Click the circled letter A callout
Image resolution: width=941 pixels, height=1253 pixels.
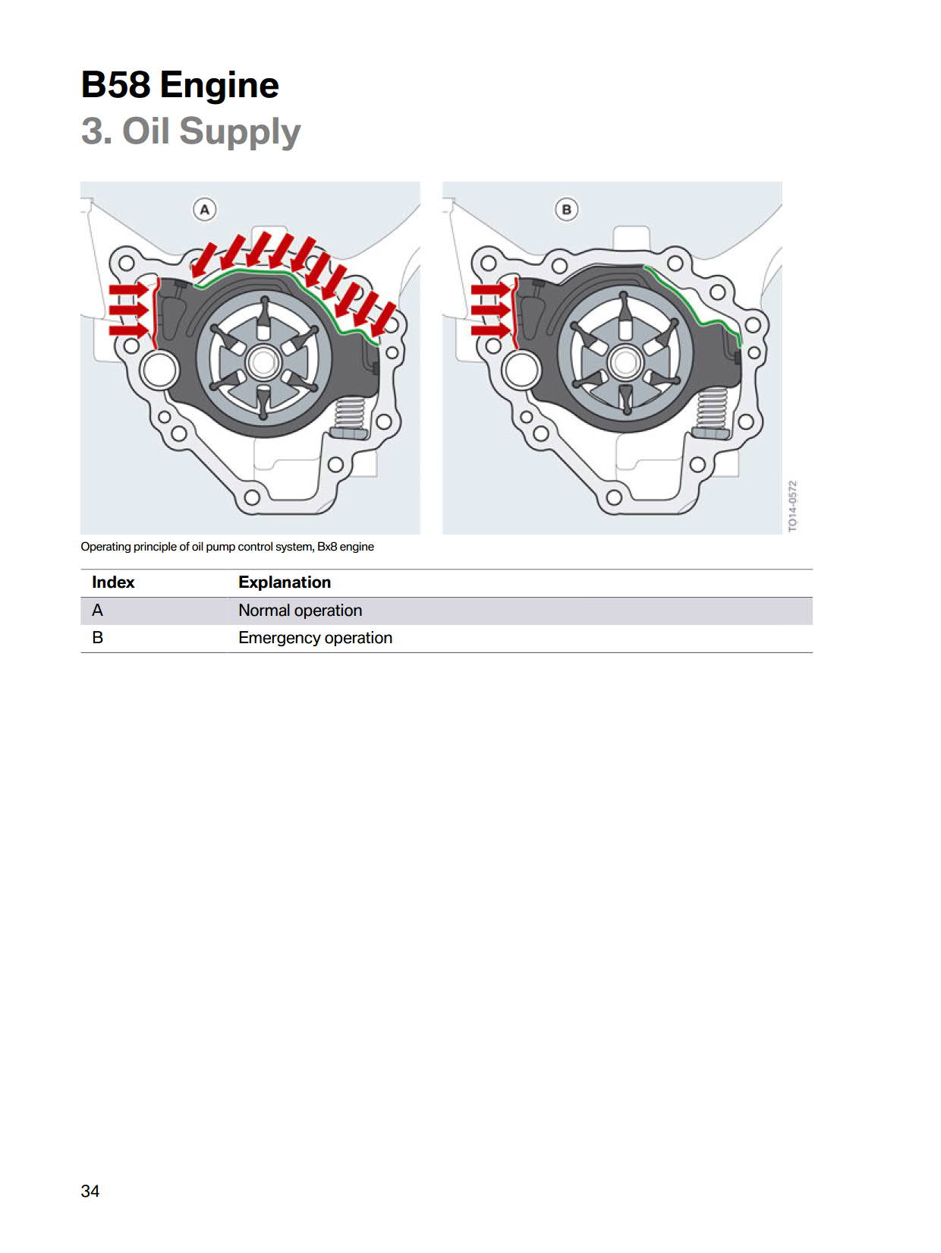tap(204, 210)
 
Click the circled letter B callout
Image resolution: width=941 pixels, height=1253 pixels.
tap(566, 210)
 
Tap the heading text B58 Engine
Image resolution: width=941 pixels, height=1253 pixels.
tap(180, 85)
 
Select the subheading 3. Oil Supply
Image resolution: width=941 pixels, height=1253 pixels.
tap(190, 131)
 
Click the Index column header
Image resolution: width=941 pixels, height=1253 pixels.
tap(113, 582)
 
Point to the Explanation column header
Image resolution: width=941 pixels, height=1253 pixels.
tap(285, 582)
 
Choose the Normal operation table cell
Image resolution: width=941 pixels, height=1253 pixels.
tap(300, 611)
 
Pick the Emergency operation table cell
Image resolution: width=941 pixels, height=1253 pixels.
tap(316, 638)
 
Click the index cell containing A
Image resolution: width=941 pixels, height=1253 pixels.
tap(98, 611)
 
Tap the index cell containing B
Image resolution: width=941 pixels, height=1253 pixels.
tap(98, 638)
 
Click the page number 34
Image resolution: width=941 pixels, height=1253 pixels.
tap(90, 1191)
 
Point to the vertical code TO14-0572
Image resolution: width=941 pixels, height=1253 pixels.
tap(792, 506)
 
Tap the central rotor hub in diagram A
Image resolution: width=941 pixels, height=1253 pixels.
tap(263, 362)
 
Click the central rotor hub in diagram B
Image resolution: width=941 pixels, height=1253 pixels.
tap(625, 362)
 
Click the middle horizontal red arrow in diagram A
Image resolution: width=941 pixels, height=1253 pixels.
tap(129, 310)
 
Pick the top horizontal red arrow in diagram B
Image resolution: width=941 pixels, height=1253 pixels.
tap(491, 290)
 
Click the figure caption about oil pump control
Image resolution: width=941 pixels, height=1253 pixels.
tap(227, 547)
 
